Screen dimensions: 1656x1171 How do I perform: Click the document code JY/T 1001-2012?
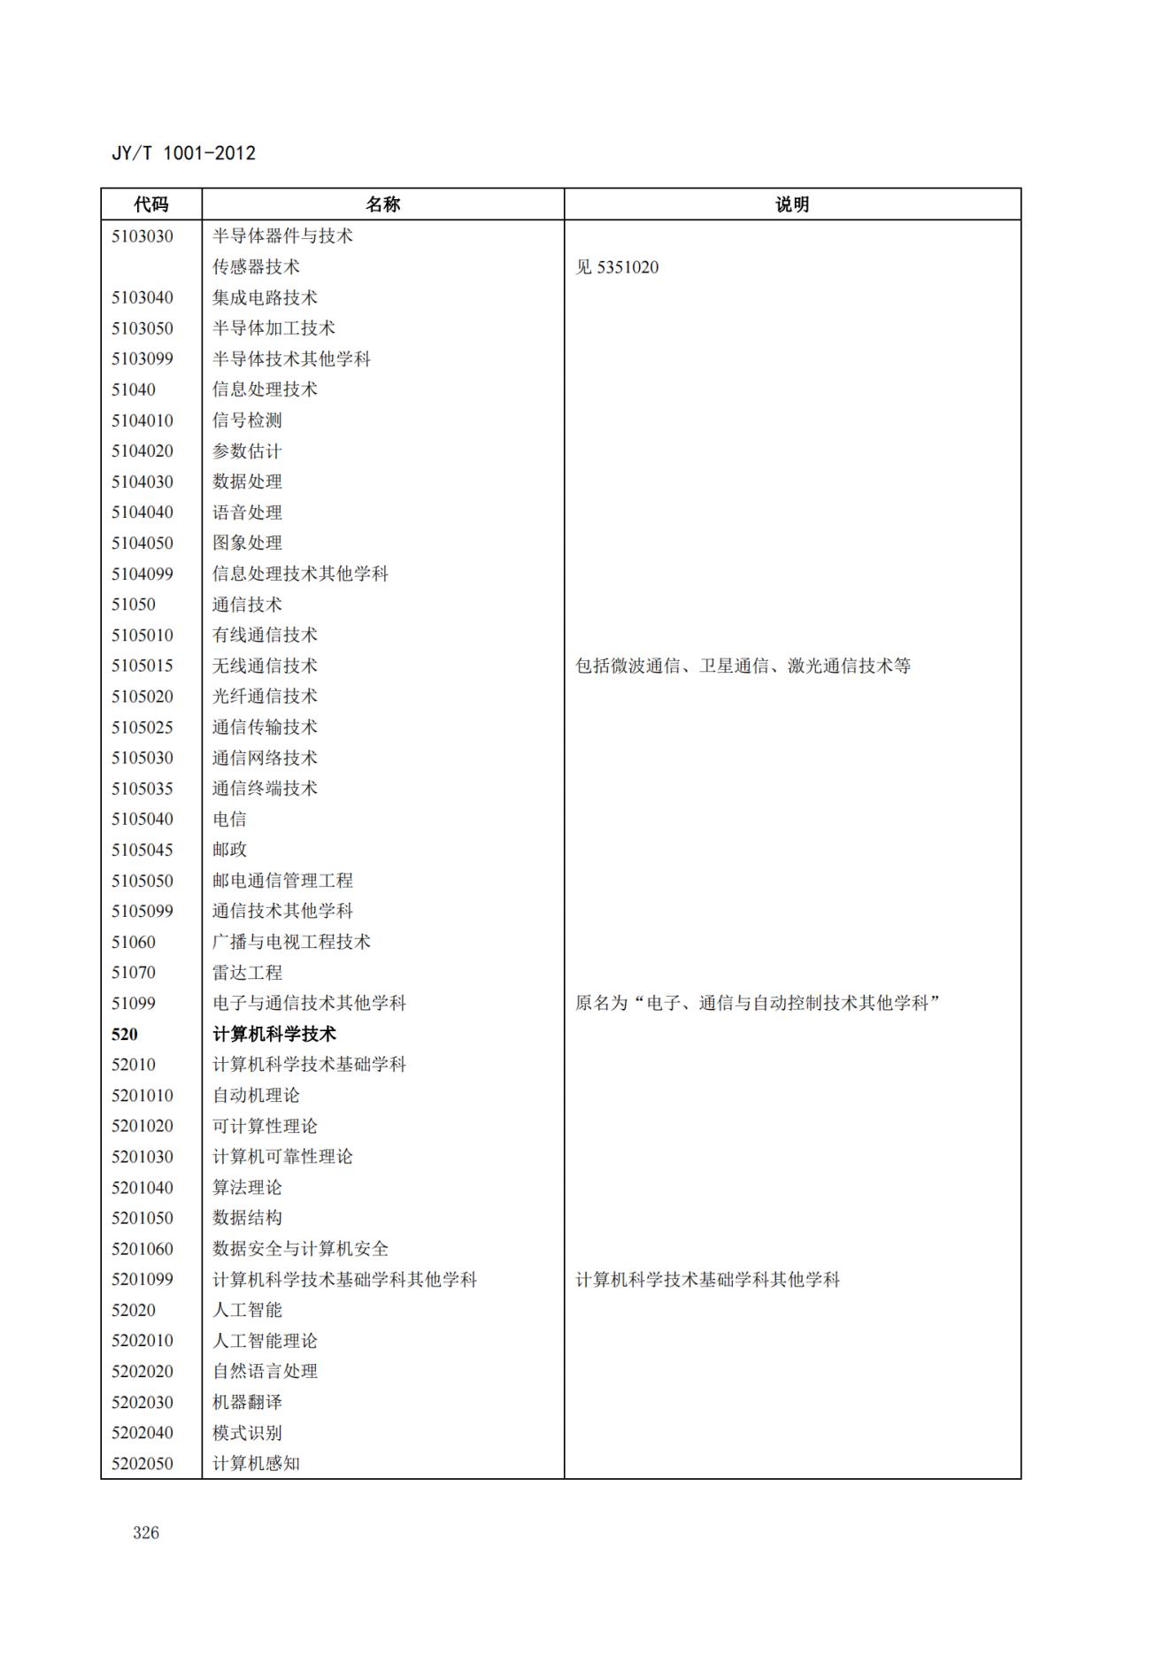coord(183,153)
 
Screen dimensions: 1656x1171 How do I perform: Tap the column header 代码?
coord(151,204)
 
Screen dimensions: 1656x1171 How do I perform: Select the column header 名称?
coord(382,204)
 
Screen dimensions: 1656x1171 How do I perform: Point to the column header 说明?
coord(792,204)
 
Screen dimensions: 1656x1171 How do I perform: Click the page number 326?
coord(146,1533)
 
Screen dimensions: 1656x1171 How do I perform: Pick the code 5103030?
coord(143,236)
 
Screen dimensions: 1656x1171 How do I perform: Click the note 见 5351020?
coord(617,267)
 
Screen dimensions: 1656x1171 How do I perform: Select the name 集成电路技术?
coord(265,297)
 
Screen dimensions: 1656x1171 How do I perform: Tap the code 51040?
coord(134,389)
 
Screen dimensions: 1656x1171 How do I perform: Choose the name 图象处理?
coord(247,543)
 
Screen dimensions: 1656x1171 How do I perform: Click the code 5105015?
coord(143,666)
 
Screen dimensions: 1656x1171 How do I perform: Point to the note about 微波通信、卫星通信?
coord(743,666)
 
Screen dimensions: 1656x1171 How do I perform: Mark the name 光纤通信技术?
coord(265,697)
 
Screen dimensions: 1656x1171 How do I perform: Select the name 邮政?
coord(229,850)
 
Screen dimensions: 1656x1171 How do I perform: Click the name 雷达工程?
coord(247,973)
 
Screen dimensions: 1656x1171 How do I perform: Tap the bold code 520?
coord(125,1034)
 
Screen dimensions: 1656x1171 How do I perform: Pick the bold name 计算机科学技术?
coord(274,1034)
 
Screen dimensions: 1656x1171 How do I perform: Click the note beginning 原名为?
coord(757,1003)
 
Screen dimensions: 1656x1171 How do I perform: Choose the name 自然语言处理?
coord(265,1371)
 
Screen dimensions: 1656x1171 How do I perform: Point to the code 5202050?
coord(143,1463)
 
